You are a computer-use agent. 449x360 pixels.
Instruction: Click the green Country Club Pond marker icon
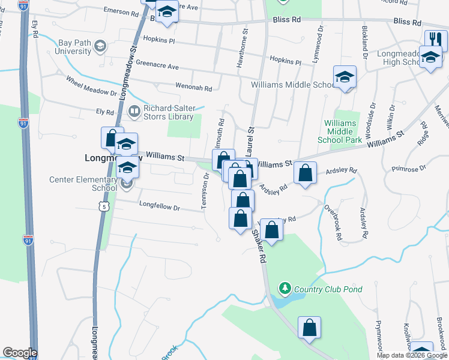click(x=285, y=289)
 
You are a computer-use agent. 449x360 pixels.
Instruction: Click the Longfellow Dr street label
click(x=160, y=208)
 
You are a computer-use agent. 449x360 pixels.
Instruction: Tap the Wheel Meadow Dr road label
click(x=91, y=86)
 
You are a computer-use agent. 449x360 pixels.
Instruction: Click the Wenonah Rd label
click(x=194, y=88)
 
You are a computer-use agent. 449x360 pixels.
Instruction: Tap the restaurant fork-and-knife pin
click(x=436, y=41)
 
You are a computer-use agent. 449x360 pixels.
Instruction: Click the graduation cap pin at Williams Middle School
click(x=345, y=77)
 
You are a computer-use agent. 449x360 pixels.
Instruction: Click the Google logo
click(x=20, y=353)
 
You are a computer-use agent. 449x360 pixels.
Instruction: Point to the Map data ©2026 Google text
click(x=412, y=355)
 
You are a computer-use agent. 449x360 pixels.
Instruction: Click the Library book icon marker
click(x=134, y=111)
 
